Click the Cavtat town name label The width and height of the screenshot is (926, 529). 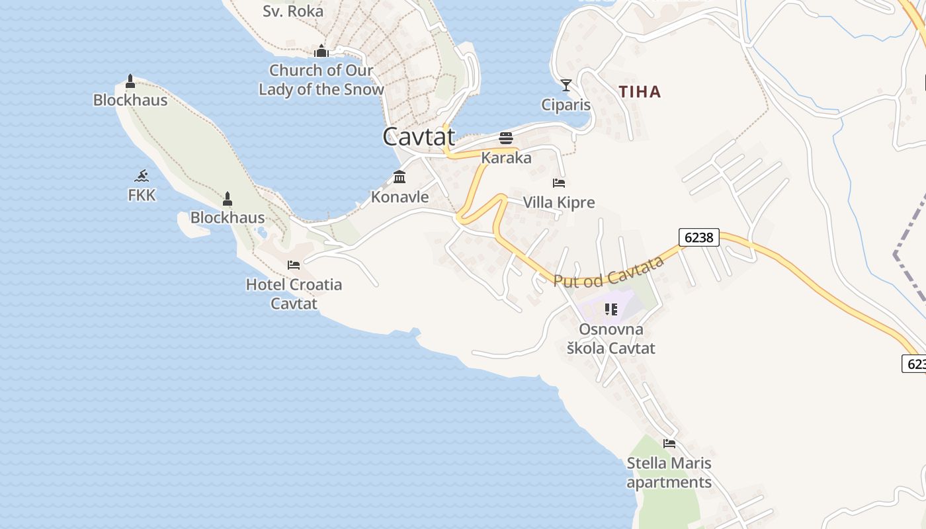[x=419, y=137]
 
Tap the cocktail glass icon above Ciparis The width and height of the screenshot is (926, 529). [x=566, y=85]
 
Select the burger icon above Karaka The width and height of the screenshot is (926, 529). [x=506, y=138]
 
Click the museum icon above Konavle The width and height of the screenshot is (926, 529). [x=400, y=177]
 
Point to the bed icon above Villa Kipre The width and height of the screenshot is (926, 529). [x=559, y=183]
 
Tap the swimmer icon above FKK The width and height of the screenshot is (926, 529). [x=142, y=176]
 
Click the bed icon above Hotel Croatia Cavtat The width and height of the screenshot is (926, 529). [x=294, y=265]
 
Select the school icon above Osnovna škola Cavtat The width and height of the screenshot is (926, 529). [x=610, y=309]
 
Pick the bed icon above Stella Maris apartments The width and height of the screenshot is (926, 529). [x=669, y=444]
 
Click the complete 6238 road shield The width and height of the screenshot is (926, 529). [x=699, y=237]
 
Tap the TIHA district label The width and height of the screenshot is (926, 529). [x=640, y=92]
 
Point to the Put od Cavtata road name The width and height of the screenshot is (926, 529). [x=609, y=272]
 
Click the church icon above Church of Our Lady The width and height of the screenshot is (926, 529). [x=321, y=51]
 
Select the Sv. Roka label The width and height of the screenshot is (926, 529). [x=293, y=11]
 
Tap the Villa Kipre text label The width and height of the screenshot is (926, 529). [x=559, y=202]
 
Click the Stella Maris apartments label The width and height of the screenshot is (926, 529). [x=669, y=472]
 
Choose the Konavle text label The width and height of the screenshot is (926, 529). [x=400, y=197]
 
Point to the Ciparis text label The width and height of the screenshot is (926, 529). [x=566, y=104]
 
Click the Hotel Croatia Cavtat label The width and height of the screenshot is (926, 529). [x=294, y=294]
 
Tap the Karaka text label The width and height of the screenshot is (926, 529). [x=506, y=158]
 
